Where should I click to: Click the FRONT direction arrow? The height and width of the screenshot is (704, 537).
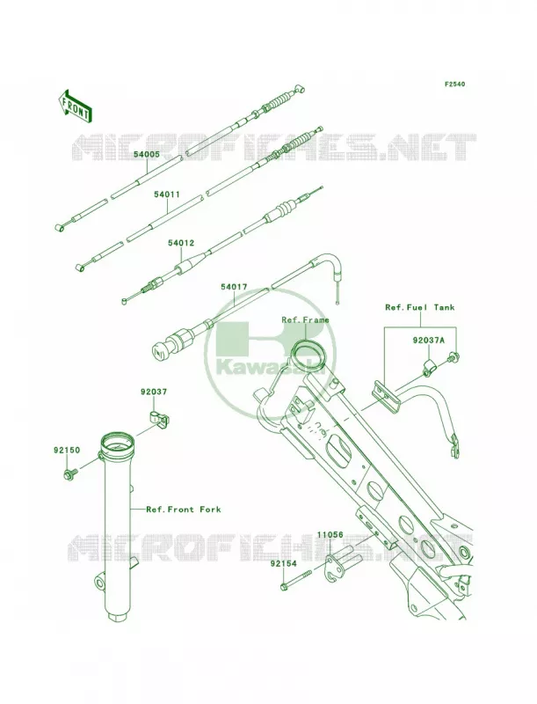(x=76, y=106)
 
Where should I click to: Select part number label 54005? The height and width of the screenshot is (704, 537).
(x=146, y=154)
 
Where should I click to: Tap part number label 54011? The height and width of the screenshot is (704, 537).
(x=167, y=194)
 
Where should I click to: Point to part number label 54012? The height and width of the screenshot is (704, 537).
(x=181, y=243)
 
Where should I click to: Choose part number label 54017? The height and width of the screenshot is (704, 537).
(x=234, y=287)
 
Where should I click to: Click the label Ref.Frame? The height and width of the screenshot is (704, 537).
(x=305, y=319)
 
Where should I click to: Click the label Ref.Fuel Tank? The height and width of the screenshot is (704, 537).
(x=420, y=307)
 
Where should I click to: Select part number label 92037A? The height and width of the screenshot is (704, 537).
(x=429, y=341)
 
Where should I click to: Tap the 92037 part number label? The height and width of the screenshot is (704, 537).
(x=153, y=392)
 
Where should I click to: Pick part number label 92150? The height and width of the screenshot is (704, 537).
(x=67, y=450)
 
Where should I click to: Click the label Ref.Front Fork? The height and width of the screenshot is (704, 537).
(x=184, y=510)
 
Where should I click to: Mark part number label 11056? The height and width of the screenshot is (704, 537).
(x=330, y=535)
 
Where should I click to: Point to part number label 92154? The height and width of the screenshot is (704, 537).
(x=283, y=563)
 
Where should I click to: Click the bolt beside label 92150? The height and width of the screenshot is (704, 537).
(x=70, y=473)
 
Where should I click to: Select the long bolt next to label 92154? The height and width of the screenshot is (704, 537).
(x=296, y=581)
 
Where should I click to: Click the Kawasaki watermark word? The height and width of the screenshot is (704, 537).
(x=270, y=369)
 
